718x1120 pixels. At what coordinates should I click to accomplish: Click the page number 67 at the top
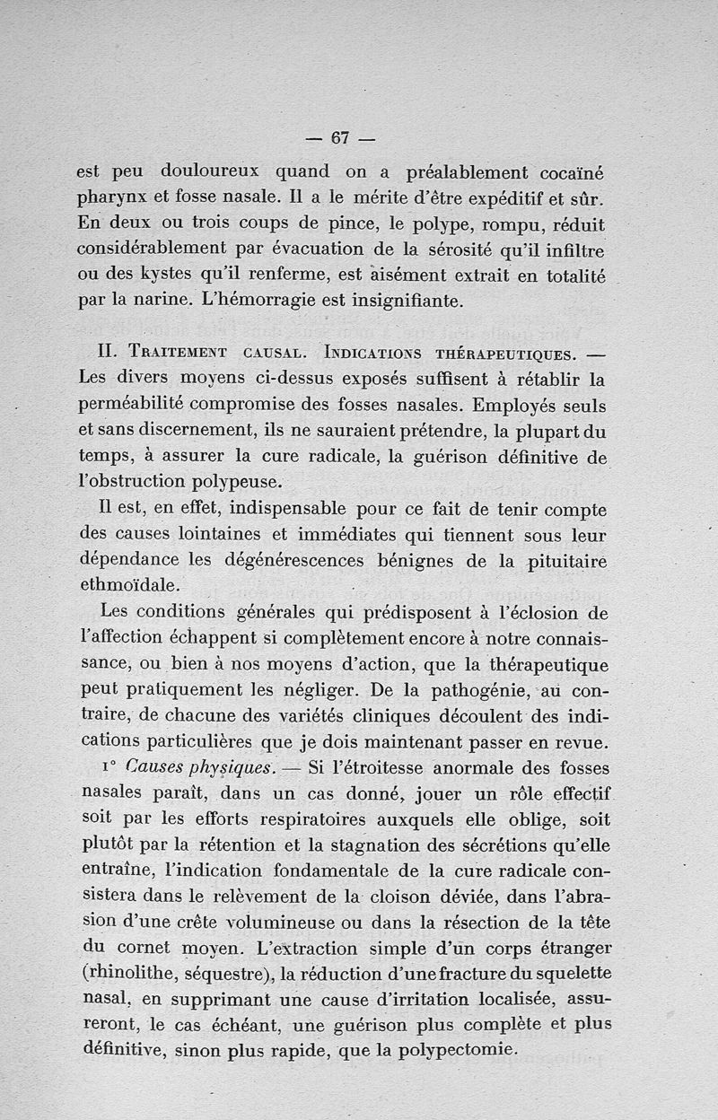(x=339, y=138)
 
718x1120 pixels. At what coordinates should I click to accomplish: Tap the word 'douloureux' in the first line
(x=209, y=170)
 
